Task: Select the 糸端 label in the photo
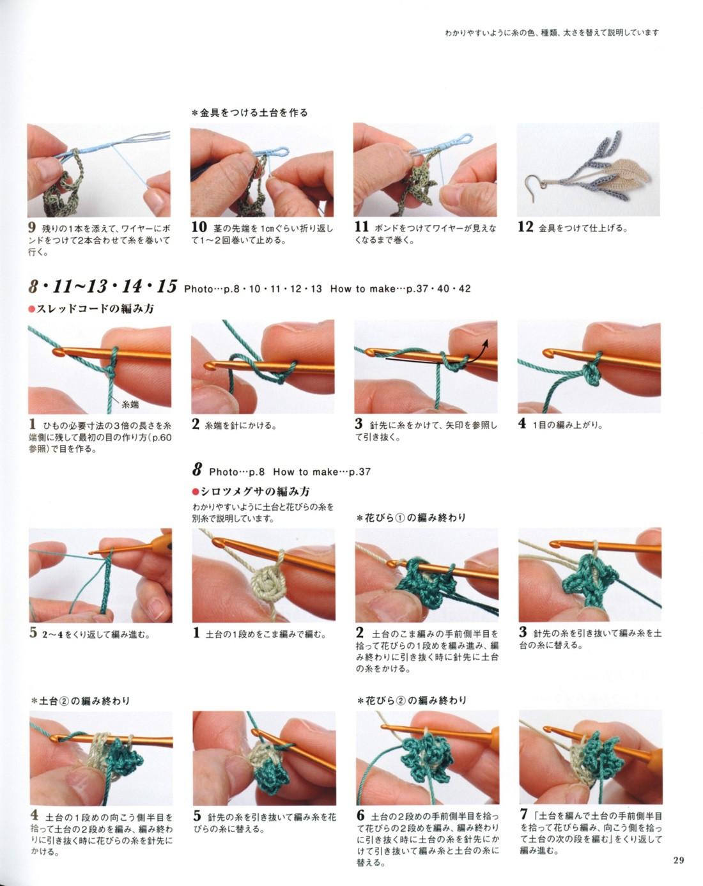130,405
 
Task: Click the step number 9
32,227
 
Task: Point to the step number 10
199,227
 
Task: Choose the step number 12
525,227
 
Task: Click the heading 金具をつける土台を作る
250,113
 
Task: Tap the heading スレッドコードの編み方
92,309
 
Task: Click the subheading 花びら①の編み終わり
411,518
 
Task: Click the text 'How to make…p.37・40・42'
400,289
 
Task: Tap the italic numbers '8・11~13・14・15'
102,286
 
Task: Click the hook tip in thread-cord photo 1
58,352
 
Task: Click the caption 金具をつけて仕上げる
583,228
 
